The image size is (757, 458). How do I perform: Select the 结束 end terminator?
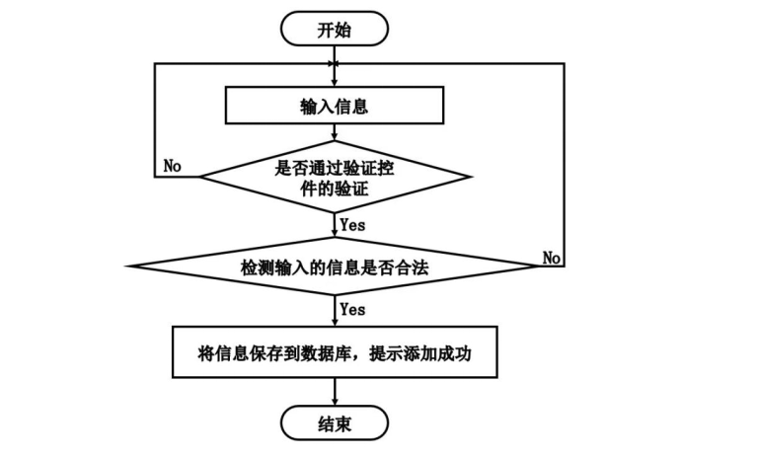(334, 425)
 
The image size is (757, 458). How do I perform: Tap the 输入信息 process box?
(335, 107)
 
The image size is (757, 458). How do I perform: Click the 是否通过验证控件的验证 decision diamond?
(335, 177)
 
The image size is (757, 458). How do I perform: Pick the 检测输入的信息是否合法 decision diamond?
(335, 267)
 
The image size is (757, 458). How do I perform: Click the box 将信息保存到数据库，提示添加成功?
(335, 350)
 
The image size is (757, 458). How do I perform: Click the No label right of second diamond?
(552, 258)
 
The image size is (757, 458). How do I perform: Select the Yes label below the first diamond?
(352, 225)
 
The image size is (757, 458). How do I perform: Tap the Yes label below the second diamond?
(352, 309)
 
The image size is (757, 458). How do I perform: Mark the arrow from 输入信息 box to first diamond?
(335, 134)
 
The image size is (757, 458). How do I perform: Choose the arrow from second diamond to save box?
(335, 308)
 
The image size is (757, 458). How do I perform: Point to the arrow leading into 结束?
(335, 393)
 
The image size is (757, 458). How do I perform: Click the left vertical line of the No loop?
(156, 118)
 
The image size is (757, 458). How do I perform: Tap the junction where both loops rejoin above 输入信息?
(335, 64)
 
